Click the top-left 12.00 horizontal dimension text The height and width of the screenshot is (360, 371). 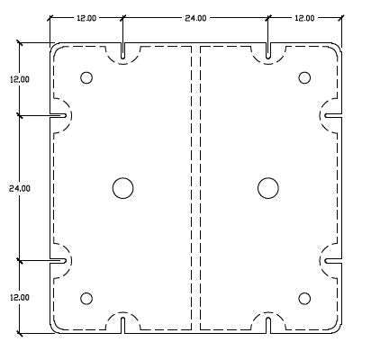click(x=86, y=17)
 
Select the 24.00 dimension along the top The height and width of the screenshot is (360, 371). click(x=195, y=17)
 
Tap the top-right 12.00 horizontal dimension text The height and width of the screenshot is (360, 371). click(x=304, y=17)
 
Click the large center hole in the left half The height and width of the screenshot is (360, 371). click(x=122, y=187)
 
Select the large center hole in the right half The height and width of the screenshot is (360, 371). click(x=267, y=187)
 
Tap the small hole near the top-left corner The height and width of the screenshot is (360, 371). click(x=86, y=77)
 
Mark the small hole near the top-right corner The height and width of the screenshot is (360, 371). click(x=303, y=77)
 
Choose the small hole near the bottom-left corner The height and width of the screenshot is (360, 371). click(x=86, y=299)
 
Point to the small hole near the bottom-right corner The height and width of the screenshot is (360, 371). click(x=303, y=299)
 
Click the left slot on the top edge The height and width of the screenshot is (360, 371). click(x=122, y=51)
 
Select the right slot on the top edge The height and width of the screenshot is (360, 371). click(x=267, y=51)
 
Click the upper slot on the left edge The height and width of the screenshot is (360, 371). click(x=59, y=115)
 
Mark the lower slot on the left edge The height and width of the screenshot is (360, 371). click(x=59, y=260)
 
